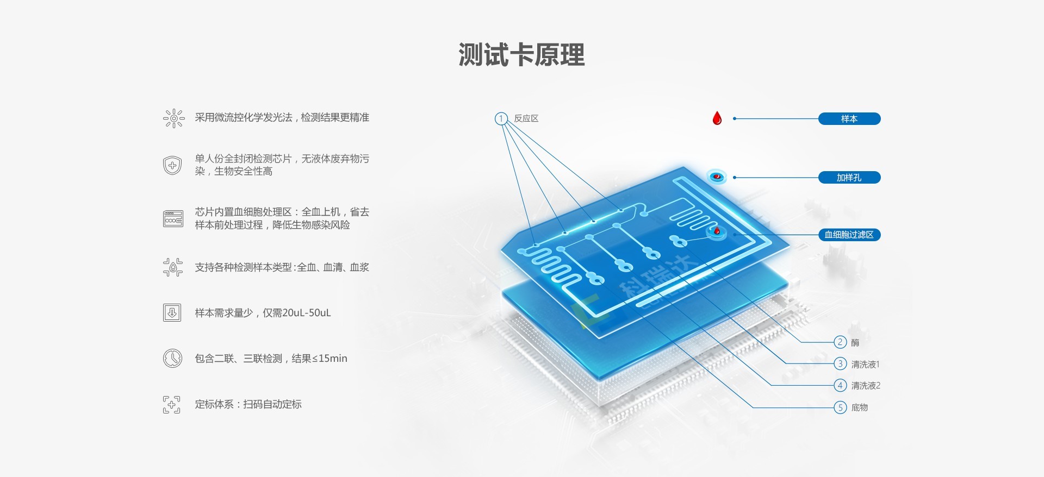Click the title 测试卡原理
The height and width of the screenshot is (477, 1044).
pyautogui.click(x=521, y=55)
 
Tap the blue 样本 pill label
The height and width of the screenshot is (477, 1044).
pyautogui.click(x=849, y=118)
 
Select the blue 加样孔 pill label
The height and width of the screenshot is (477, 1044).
pyautogui.click(x=849, y=178)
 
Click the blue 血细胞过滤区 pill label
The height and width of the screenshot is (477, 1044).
pyautogui.click(x=849, y=235)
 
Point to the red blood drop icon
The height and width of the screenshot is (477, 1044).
pyautogui.click(x=717, y=118)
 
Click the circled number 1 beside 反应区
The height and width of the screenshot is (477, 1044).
pyautogui.click(x=501, y=118)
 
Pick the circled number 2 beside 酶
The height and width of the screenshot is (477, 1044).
pyautogui.click(x=840, y=342)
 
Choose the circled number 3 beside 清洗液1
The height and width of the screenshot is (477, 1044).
pyautogui.click(x=840, y=363)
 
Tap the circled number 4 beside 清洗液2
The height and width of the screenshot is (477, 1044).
pyautogui.click(x=840, y=385)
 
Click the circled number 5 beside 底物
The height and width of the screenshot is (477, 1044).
pyautogui.click(x=840, y=407)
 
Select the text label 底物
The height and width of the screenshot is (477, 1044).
pyautogui.click(x=860, y=407)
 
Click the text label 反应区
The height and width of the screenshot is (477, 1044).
pyautogui.click(x=526, y=118)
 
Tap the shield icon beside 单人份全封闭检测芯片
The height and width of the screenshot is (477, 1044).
pyautogui.click(x=172, y=165)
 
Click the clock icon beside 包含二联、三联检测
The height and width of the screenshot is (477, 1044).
pyautogui.click(x=172, y=359)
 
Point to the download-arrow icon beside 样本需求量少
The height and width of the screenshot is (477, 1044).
pyautogui.click(x=172, y=312)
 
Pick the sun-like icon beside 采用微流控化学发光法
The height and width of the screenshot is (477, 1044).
pyautogui.click(x=174, y=118)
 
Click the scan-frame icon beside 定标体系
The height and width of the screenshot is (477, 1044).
pyautogui.click(x=172, y=404)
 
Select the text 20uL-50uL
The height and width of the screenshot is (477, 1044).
pyautogui.click(x=307, y=313)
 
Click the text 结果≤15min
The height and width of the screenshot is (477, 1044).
pyautogui.click(x=320, y=359)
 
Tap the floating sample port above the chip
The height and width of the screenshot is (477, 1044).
pyautogui.click(x=717, y=177)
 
